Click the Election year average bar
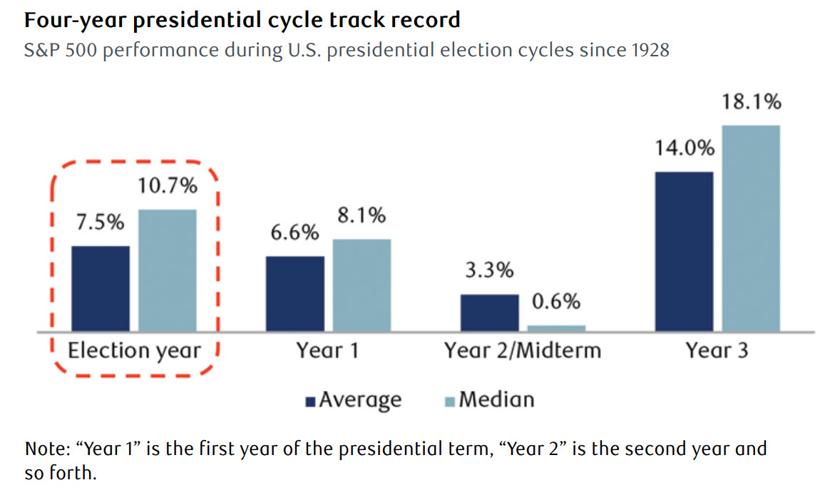pyautogui.click(x=101, y=289)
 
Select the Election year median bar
pyautogui.click(x=167, y=270)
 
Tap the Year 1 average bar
pyautogui.click(x=294, y=294)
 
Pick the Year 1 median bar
pyautogui.click(x=362, y=285)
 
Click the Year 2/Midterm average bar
pyautogui.click(x=489, y=313)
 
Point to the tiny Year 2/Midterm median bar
pyautogui.click(x=556, y=328)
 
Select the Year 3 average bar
pyautogui.click(x=684, y=252)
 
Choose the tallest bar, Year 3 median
pyautogui.click(x=751, y=228)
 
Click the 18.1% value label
pyautogui.click(x=752, y=102)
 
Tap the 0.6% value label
pyautogui.click(x=557, y=302)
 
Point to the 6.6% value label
pyautogui.click(x=295, y=233)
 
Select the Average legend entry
pyautogui.click(x=353, y=399)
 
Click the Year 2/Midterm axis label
pyautogui.click(x=523, y=351)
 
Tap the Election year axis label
pyautogui.click(x=134, y=351)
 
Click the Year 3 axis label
pyautogui.click(x=717, y=351)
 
